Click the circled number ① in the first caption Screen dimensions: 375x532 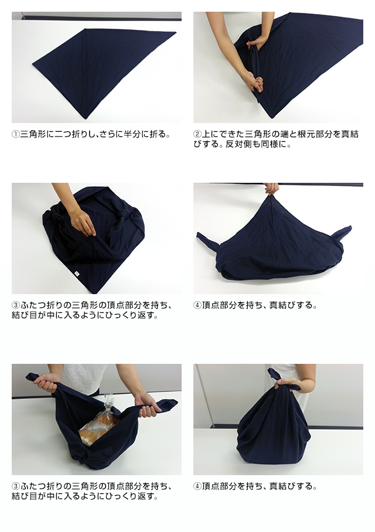click(16, 134)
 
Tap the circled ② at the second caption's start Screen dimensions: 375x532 click(197, 134)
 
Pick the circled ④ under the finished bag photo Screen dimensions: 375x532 click(197, 486)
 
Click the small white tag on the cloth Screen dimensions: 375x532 click(76, 272)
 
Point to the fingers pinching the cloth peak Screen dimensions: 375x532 click(271, 189)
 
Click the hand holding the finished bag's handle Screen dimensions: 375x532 click(288, 386)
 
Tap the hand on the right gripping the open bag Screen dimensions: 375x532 click(146, 405)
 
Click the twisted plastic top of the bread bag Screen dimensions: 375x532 click(108, 400)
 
